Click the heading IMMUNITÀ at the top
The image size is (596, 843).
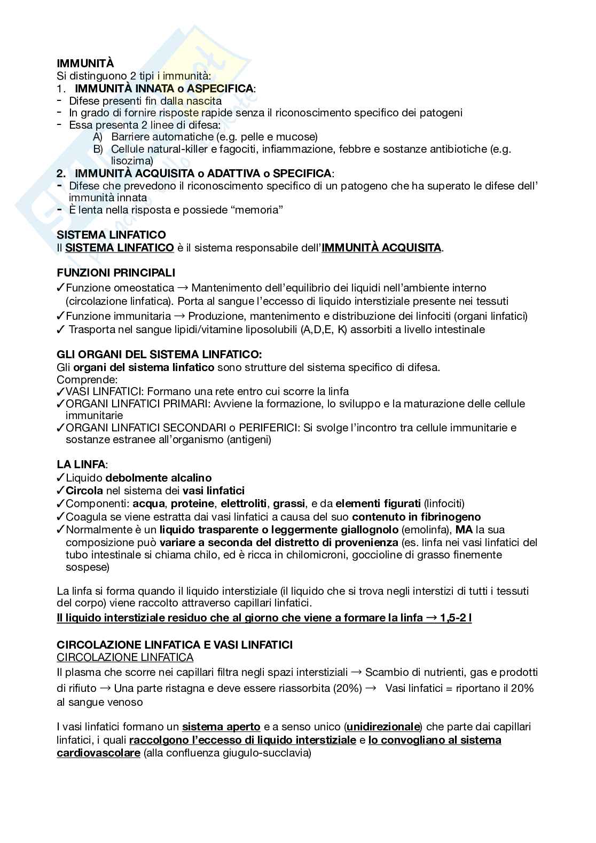click(x=85, y=64)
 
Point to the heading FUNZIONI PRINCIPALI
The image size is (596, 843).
click(x=116, y=273)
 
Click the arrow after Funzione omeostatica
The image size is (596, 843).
click(x=182, y=288)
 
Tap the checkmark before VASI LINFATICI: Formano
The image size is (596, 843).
click(x=61, y=391)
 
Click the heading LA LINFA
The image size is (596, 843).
click(x=81, y=465)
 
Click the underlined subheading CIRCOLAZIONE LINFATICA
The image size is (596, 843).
click(x=125, y=657)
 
